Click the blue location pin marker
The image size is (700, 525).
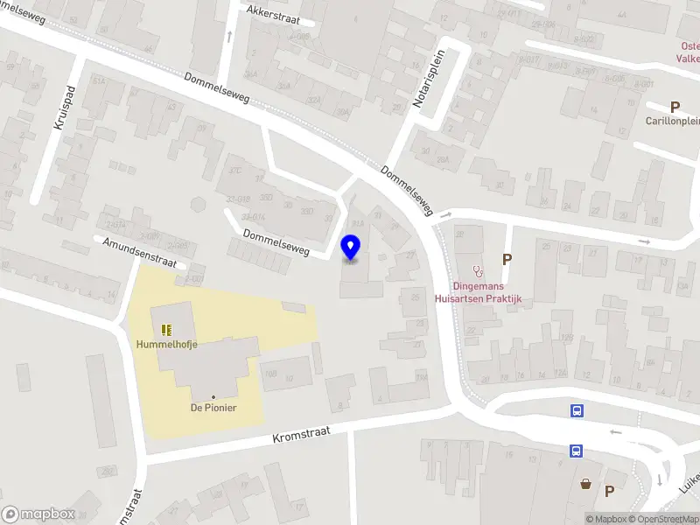(x=350, y=247)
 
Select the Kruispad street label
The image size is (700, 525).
(x=65, y=108)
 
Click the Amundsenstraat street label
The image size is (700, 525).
(x=140, y=252)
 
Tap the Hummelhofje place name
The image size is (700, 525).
(x=166, y=344)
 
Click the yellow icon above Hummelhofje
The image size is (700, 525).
(x=166, y=330)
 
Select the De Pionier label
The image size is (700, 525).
(x=213, y=408)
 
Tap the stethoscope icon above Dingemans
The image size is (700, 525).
(x=477, y=271)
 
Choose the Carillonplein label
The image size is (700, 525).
(x=672, y=121)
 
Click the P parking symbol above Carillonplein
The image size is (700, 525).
(x=675, y=106)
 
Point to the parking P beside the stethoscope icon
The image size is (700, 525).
(x=506, y=259)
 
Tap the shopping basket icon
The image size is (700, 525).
(x=584, y=483)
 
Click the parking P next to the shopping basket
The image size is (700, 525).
(x=609, y=491)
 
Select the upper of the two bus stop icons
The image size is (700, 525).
(x=577, y=409)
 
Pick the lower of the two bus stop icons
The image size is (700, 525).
(x=577, y=451)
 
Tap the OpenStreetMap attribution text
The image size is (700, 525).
(x=663, y=519)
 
